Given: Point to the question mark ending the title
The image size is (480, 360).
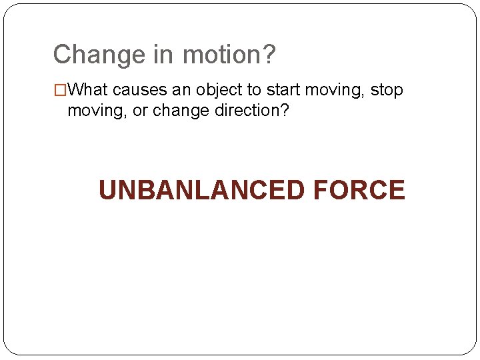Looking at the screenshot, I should [x=268, y=55].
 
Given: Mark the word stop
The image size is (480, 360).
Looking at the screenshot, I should [x=387, y=91].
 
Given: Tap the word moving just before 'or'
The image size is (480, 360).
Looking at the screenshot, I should [x=95, y=111].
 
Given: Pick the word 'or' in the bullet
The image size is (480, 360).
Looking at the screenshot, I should [x=141, y=111].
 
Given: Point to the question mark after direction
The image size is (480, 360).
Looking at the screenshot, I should [x=285, y=110].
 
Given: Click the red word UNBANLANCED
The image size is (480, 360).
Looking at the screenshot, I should [x=201, y=190].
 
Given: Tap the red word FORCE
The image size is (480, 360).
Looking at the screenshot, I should [x=358, y=190].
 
